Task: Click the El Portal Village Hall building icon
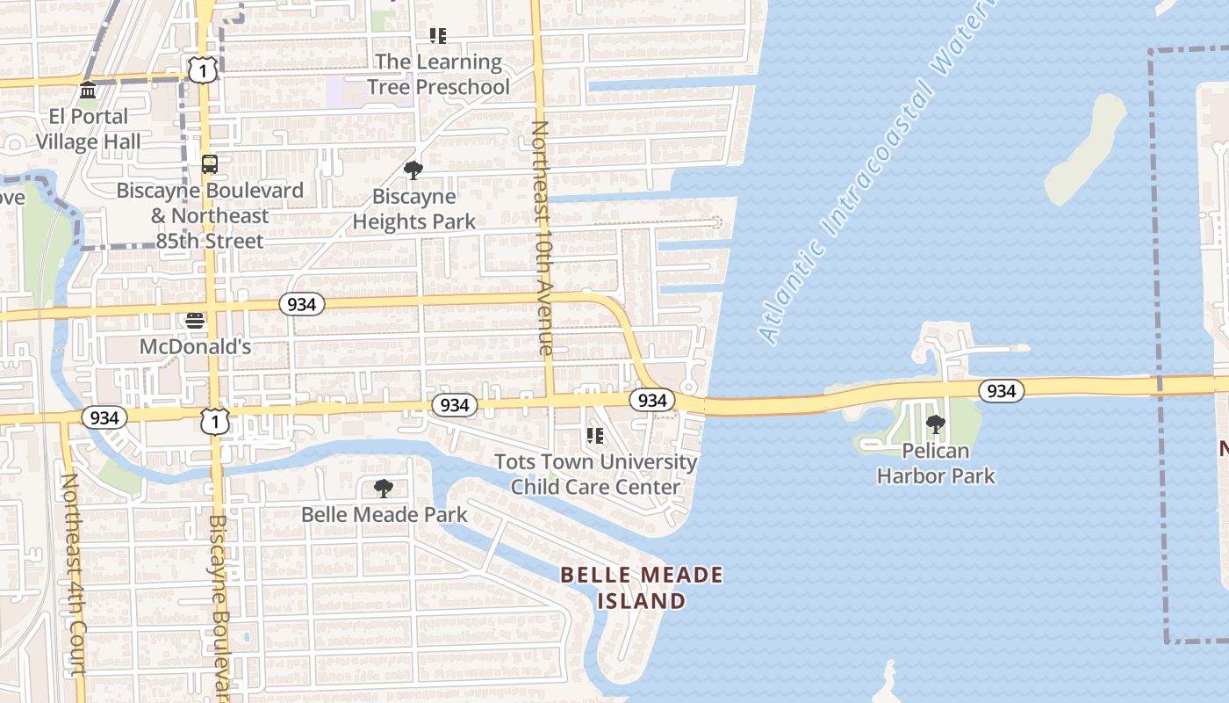[88, 91]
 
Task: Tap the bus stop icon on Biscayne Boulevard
[209, 164]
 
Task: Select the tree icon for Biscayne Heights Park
[413, 170]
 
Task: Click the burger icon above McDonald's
[195, 321]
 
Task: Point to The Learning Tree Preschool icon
[437, 36]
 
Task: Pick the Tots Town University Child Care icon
[595, 436]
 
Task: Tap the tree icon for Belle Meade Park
[383, 489]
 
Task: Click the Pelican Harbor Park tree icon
[936, 425]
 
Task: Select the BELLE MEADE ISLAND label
[642, 588]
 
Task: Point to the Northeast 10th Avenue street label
[543, 237]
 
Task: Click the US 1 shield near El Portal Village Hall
[203, 70]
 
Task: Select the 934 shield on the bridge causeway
[1001, 390]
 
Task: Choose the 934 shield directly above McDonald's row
[302, 304]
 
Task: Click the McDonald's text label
[195, 347]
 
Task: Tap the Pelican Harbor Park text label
[936, 463]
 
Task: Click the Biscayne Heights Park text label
[413, 209]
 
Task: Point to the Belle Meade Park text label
[384, 514]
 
